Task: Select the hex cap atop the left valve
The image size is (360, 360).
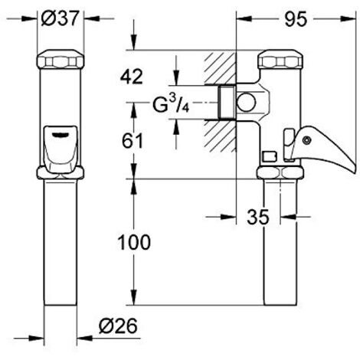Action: click(60, 61)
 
